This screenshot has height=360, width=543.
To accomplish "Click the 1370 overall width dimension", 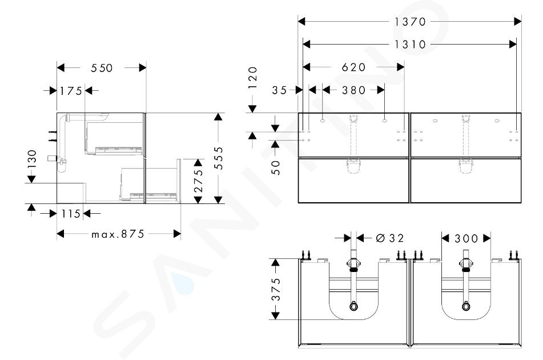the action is coord(410,22).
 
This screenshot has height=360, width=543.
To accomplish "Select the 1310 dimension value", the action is coord(410,45).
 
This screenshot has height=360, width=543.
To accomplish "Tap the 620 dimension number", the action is coord(353,67).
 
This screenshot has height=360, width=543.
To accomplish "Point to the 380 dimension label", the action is coord(353,90).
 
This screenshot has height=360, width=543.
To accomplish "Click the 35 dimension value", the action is coord(279,90).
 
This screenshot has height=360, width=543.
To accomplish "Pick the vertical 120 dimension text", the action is coord(253,78).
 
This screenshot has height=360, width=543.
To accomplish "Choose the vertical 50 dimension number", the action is coord(275,167).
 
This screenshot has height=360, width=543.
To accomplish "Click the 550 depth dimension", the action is coord(102,68).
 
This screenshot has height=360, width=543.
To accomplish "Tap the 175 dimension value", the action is coord(71,91).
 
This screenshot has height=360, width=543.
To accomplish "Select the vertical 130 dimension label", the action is coord(32,159).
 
